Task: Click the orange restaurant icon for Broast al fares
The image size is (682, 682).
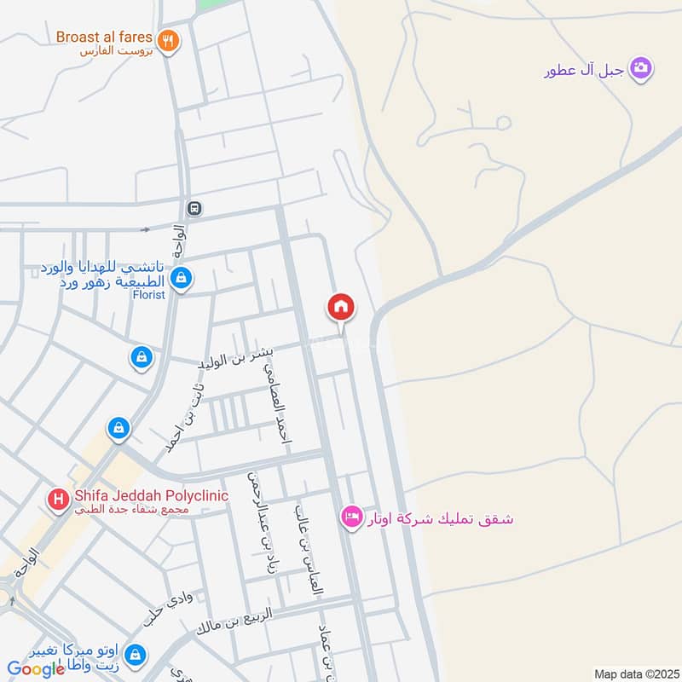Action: click(168, 40)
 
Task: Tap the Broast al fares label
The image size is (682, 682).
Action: click(104, 38)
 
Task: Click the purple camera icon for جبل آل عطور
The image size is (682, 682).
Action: click(641, 67)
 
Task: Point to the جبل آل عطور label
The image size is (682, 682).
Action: click(585, 70)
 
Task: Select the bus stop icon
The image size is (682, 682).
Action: click(194, 208)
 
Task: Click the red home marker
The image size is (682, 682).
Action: click(341, 308)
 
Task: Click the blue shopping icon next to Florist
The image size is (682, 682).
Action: click(181, 278)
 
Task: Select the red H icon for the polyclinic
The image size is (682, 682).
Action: click(58, 499)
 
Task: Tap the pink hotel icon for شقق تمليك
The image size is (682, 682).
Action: click(351, 517)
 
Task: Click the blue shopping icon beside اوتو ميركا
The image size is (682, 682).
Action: click(134, 655)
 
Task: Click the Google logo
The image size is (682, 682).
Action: click(36, 669)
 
